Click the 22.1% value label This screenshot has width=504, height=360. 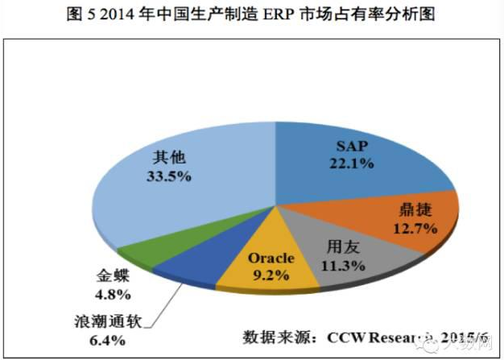(353, 164)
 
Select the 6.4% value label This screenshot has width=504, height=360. (106, 341)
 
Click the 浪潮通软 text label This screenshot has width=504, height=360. (107, 324)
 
